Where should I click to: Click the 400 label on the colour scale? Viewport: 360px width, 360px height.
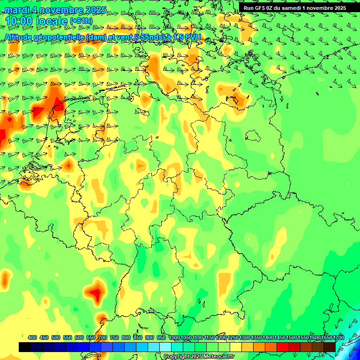click(x=32, y=337)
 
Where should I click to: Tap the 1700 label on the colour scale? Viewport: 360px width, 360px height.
click(x=326, y=337)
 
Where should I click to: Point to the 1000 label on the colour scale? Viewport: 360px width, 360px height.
click(x=174, y=337)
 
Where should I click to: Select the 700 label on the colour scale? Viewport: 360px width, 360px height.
click(x=103, y=337)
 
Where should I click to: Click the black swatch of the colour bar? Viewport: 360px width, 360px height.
click(x=25, y=347)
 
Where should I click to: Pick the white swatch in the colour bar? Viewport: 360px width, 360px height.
click(x=165, y=347)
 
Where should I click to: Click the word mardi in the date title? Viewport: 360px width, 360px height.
click(x=17, y=10)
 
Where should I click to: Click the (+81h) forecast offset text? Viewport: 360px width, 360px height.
click(x=81, y=21)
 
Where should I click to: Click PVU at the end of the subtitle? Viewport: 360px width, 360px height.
click(x=192, y=37)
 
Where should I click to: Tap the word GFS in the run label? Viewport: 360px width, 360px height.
click(x=262, y=8)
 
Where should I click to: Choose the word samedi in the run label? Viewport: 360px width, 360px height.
click(x=293, y=8)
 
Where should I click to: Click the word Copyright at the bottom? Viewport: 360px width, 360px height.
click(x=176, y=357)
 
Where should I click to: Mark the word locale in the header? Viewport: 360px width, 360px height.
click(x=51, y=21)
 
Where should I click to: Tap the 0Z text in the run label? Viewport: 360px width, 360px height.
click(x=275, y=8)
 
